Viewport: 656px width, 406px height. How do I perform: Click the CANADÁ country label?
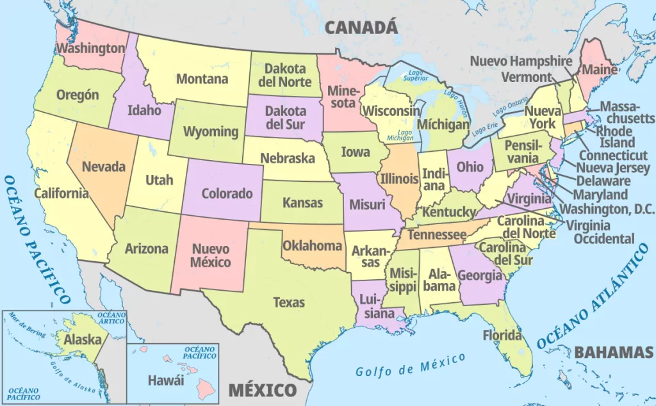(x=361, y=27)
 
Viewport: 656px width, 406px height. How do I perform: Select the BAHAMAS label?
(x=613, y=352)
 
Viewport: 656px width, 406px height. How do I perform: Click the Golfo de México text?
(x=411, y=366)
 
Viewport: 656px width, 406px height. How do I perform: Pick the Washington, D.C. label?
(x=608, y=209)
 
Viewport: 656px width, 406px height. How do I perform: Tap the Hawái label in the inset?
(x=166, y=380)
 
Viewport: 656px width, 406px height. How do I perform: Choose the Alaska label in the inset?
(x=83, y=339)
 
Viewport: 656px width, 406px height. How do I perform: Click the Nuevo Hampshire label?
(x=521, y=61)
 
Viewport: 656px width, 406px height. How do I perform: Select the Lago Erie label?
(x=484, y=128)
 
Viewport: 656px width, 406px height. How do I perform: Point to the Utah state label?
(x=159, y=180)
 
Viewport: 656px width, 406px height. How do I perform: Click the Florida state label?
(x=502, y=335)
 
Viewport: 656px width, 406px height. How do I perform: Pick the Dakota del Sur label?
(x=286, y=117)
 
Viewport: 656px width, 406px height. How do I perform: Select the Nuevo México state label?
(x=211, y=255)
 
